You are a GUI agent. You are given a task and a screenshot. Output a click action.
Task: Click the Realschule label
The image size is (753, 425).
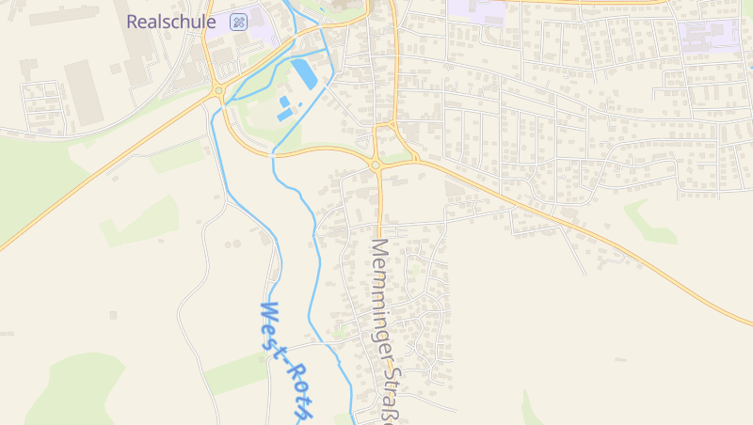(x=171, y=22)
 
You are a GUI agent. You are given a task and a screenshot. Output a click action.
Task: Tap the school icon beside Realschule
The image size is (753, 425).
(x=239, y=22)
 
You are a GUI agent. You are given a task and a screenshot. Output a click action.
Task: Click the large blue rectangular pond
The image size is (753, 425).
(x=304, y=72)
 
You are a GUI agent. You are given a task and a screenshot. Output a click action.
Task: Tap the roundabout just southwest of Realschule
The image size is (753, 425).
(x=219, y=90)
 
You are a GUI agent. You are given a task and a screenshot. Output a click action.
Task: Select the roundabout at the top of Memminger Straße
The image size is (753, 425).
(x=376, y=165)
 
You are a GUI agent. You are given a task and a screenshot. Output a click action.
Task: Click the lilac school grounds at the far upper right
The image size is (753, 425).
(x=709, y=35)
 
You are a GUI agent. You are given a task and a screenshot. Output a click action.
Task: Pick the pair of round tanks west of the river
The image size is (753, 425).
(x=232, y=244)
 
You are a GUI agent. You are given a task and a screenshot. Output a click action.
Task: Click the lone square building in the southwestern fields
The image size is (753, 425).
(x=113, y=314)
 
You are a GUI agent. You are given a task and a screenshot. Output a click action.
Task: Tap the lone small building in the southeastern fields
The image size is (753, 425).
(x=618, y=359)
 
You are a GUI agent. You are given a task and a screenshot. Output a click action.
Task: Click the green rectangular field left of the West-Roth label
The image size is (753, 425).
(x=235, y=374)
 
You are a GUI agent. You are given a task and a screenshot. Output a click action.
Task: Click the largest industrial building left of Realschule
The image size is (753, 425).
(x=83, y=92)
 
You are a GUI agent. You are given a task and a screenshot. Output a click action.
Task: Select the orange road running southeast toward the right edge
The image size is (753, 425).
(x=602, y=235)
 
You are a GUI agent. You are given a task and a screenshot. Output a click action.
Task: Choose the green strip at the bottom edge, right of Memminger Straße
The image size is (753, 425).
(x=532, y=410)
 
